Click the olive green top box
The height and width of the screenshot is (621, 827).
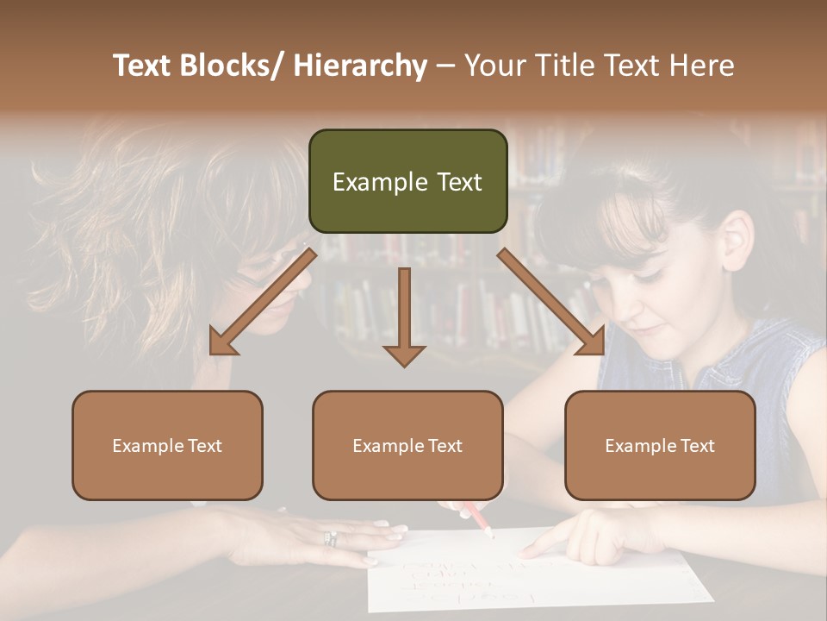pyautogui.click(x=407, y=181)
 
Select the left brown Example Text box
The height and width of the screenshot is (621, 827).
pyautogui.click(x=167, y=445)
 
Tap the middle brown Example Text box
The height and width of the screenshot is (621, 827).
pyautogui.click(x=407, y=445)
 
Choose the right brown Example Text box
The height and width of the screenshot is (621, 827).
pyautogui.click(x=660, y=445)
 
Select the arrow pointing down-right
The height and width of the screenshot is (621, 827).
pyautogui.click(x=552, y=302)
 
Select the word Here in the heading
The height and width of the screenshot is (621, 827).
pyautogui.click(x=703, y=66)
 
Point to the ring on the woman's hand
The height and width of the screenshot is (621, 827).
pyautogui.click(x=330, y=538)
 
